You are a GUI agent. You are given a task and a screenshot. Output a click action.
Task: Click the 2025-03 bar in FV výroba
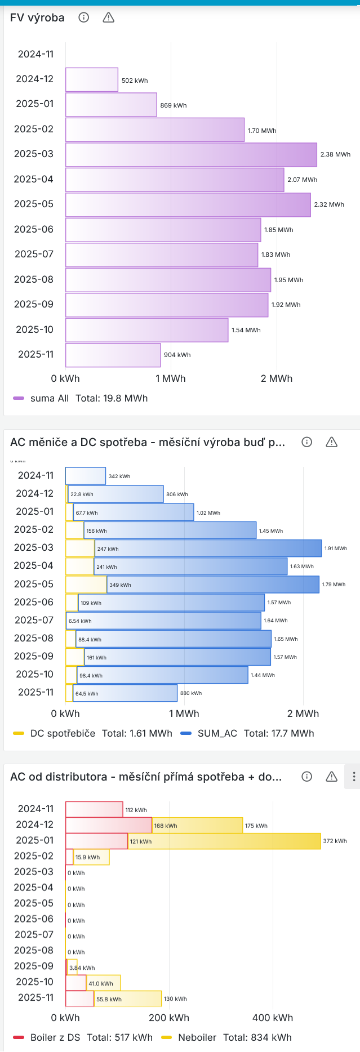click(191, 155)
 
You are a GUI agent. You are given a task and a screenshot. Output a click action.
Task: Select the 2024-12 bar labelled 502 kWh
click(92, 80)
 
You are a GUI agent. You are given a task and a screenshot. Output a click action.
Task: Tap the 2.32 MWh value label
click(329, 204)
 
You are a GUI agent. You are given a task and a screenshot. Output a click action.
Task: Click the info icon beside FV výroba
click(84, 17)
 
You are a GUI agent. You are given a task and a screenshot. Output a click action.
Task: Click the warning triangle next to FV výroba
click(109, 17)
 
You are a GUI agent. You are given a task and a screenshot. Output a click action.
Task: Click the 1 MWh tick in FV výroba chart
click(171, 378)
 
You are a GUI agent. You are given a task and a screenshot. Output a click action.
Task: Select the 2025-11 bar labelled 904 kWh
click(113, 355)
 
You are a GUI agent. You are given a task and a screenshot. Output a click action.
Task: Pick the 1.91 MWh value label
click(336, 548)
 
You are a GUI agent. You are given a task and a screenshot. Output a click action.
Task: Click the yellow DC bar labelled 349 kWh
click(86, 585)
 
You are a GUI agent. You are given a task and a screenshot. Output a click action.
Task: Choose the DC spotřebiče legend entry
click(62, 733)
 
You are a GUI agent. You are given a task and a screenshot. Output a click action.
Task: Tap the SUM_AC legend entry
click(217, 733)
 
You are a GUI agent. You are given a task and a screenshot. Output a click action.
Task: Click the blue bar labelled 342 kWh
click(86, 476)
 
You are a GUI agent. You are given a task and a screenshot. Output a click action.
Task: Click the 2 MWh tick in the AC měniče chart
click(303, 714)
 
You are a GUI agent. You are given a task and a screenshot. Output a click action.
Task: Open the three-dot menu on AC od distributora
click(354, 777)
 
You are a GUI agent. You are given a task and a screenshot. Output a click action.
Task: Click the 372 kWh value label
click(335, 841)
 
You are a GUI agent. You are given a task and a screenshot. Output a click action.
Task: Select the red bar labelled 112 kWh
click(94, 809)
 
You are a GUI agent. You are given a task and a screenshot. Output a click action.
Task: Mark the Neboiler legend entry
click(197, 1037)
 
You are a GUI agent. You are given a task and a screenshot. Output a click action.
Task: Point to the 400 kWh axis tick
click(273, 1018)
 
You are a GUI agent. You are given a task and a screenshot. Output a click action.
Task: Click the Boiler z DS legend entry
click(55, 1037)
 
